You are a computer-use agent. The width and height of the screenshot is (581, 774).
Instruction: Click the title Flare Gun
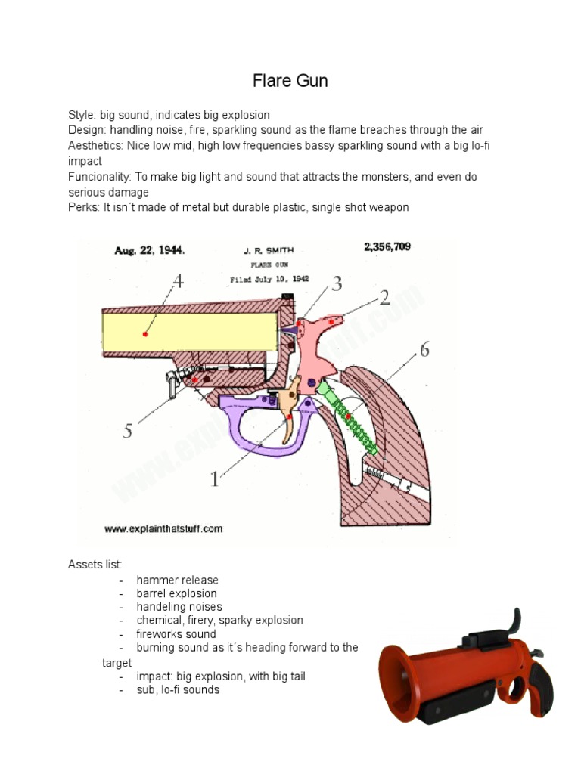point(290,81)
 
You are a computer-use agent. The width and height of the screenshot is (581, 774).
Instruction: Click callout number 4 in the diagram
point(178,282)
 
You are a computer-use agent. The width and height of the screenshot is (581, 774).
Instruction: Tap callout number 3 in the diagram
point(337,284)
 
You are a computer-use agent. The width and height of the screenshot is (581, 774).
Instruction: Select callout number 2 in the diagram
point(384,298)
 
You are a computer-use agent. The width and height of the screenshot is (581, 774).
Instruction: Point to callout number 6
point(424,350)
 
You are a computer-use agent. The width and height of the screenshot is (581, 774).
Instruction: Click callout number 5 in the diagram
point(128,431)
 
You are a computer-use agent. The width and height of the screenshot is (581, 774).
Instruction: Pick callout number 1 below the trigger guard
point(215,478)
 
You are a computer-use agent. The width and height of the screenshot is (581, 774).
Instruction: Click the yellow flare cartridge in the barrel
point(189,333)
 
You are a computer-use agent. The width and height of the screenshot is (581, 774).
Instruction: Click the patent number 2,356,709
point(387,247)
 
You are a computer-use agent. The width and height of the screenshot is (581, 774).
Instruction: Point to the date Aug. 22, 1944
point(150,249)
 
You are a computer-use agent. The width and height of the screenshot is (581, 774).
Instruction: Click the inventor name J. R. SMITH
point(269,250)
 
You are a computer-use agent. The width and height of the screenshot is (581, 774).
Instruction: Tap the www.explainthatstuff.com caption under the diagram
point(163,529)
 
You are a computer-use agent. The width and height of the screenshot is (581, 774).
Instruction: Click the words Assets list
point(95,565)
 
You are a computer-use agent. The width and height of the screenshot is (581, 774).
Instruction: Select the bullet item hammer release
point(178,580)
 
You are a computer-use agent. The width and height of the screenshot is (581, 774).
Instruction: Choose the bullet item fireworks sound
point(176,634)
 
